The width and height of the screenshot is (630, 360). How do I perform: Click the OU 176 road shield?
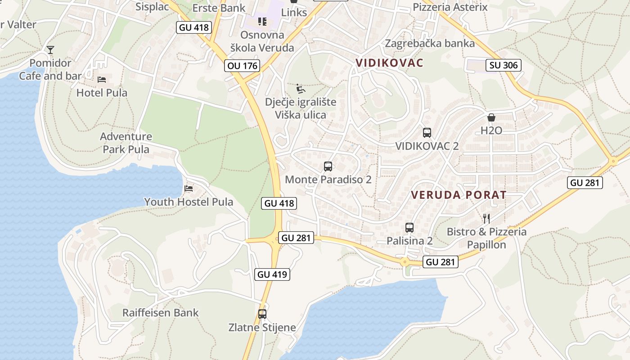(243, 66)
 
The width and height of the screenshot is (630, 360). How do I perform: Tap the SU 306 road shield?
(504, 65)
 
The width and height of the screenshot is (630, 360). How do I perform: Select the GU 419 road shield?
(272, 274)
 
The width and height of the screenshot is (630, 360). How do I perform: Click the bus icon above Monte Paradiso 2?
(328, 166)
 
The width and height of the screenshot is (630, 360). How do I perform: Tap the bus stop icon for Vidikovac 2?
(427, 133)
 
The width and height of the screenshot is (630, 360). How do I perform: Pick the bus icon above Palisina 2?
(409, 228)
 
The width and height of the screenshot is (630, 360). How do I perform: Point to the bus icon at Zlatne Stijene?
(262, 314)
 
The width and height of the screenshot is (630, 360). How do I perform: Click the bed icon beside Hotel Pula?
(102, 80)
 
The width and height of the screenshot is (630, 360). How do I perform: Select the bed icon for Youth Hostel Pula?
(189, 188)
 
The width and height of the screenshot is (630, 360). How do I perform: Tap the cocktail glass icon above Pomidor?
(50, 49)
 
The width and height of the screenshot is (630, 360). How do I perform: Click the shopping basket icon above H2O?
(491, 118)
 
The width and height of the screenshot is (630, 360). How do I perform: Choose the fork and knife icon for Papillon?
(486, 219)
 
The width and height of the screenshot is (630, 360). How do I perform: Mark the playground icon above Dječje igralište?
(300, 88)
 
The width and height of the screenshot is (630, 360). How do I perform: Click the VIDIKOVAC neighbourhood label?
(390, 63)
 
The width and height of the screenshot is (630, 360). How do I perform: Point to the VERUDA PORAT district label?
(459, 195)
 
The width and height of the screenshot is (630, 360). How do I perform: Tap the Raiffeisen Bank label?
(161, 313)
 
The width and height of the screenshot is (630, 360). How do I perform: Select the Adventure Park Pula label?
(126, 143)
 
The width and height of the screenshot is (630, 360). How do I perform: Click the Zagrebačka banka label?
(430, 43)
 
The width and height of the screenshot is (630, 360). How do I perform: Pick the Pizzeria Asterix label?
(450, 7)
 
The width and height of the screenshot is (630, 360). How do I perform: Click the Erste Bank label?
(219, 8)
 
